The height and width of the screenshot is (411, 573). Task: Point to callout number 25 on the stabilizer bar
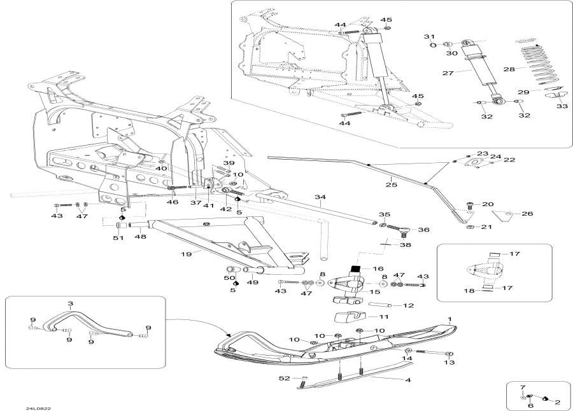tap(391, 185)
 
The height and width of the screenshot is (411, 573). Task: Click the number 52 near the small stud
tap(284, 379)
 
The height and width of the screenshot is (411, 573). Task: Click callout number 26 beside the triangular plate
tap(527, 214)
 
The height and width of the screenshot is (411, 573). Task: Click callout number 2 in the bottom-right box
tap(557, 402)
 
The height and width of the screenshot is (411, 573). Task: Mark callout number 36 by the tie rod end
tap(423, 230)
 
